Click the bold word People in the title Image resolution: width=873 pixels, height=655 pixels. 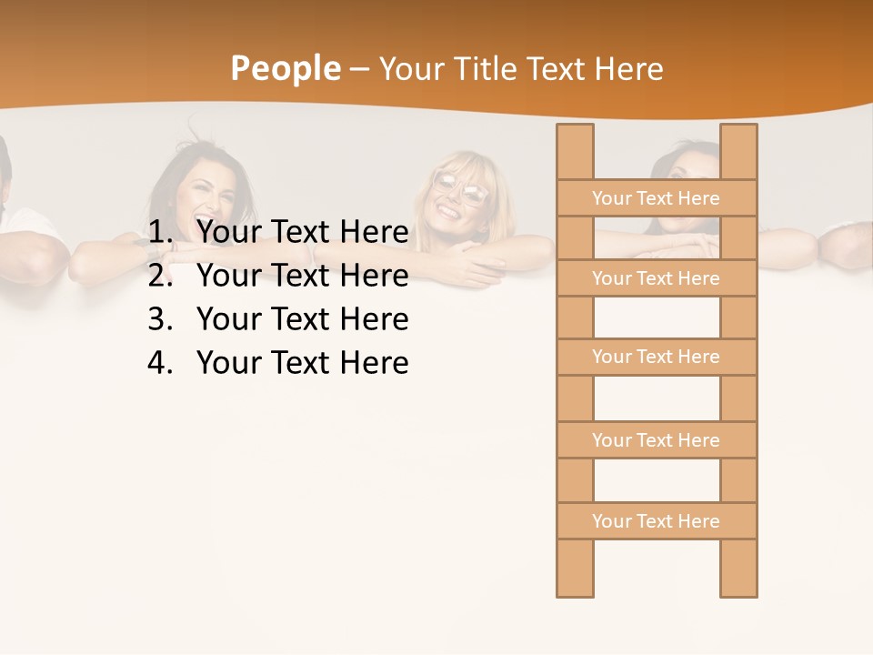[285, 68]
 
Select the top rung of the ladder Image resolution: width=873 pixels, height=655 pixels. [657, 197]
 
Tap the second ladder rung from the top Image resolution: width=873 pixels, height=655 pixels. [657, 277]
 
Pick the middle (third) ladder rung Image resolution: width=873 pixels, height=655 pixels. [657, 357]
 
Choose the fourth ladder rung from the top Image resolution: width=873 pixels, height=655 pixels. [657, 439]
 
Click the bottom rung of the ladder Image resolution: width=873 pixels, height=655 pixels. [657, 520]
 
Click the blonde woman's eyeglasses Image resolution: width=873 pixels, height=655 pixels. [461, 187]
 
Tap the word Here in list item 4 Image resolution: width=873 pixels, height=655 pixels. [374, 363]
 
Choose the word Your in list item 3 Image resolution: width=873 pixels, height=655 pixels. [229, 319]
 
